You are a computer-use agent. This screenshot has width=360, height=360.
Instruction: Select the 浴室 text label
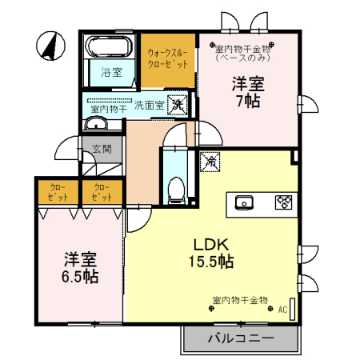coord(110,72)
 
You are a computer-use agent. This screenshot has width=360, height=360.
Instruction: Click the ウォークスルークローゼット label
coord(168,58)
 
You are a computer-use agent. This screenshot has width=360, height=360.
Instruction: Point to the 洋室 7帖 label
coord(247,92)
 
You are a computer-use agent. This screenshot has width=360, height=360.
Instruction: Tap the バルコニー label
coord(241,338)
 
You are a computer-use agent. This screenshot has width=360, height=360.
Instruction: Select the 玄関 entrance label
coord(102,149)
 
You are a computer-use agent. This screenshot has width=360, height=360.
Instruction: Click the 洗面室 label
coord(149,105)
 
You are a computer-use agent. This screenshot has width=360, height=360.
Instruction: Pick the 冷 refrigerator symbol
coord(211,160)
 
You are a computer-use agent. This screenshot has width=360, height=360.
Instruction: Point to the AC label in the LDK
coord(282,310)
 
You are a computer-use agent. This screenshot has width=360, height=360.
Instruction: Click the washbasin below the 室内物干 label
coord(95,123)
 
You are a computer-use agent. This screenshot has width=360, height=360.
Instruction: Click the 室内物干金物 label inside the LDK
coord(239,300)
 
